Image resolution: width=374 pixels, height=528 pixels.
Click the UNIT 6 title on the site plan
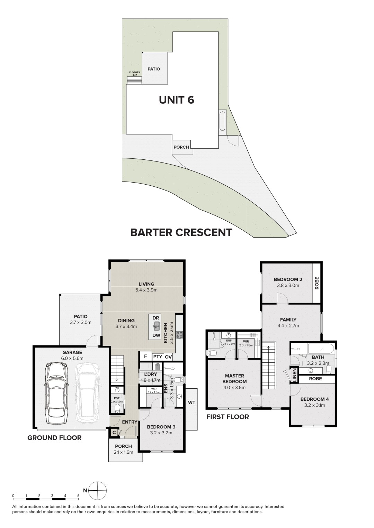(176, 100)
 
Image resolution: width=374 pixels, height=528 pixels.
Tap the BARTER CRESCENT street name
(181, 232)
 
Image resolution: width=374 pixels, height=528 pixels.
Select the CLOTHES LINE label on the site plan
(134, 74)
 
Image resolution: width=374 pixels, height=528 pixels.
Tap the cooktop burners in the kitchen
(180, 335)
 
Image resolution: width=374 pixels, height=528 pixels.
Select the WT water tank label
(192, 402)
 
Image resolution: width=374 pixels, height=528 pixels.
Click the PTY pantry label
(158, 356)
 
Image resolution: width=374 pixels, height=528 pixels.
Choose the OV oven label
(168, 356)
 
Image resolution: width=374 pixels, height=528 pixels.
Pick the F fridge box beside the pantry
(145, 356)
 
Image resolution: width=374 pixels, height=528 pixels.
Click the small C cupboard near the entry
(114, 432)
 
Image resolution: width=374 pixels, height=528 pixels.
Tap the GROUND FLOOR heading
(54, 438)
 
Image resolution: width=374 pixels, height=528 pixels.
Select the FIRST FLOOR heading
(228, 417)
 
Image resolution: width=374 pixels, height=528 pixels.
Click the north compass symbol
(97, 490)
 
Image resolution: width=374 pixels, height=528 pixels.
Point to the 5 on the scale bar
(78, 495)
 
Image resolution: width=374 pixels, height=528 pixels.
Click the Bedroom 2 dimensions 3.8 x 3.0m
(288, 286)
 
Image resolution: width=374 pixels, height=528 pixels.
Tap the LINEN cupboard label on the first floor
(295, 376)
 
